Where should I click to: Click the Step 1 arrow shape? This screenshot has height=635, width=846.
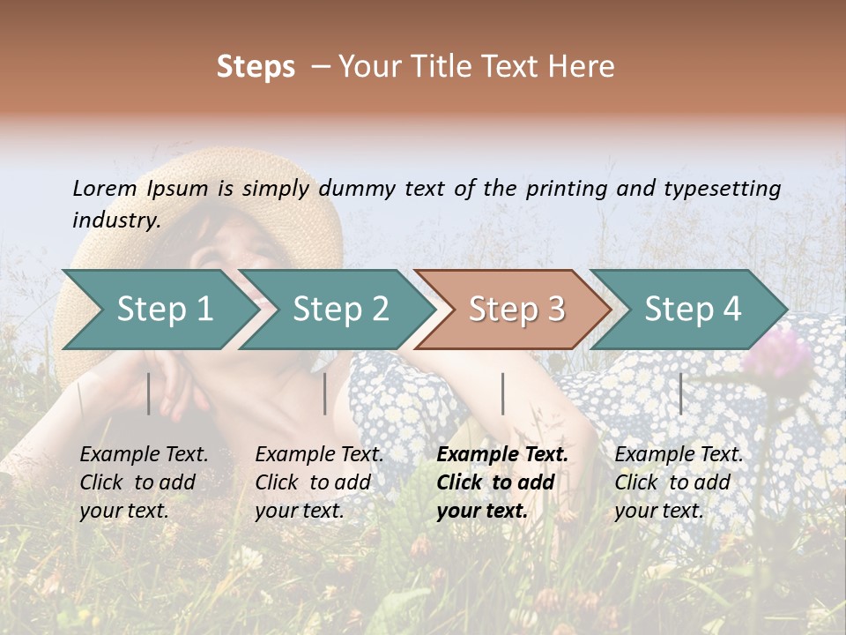pos(159,310)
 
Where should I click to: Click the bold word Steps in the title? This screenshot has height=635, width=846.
pos(256,67)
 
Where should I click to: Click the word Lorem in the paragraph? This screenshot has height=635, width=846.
pos(105,188)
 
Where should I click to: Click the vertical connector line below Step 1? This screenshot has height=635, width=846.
pos(148,393)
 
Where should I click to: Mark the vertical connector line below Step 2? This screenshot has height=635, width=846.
pos(325,393)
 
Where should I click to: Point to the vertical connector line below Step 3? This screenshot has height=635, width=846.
pos(502,393)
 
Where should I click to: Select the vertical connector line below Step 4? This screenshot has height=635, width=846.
pos(680,393)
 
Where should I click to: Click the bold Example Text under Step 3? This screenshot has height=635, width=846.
pos(502,455)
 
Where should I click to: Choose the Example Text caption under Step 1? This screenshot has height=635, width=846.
pos(144,455)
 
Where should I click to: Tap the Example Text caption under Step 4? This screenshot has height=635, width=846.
pos(679,455)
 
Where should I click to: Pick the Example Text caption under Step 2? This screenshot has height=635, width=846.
pos(319,455)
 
